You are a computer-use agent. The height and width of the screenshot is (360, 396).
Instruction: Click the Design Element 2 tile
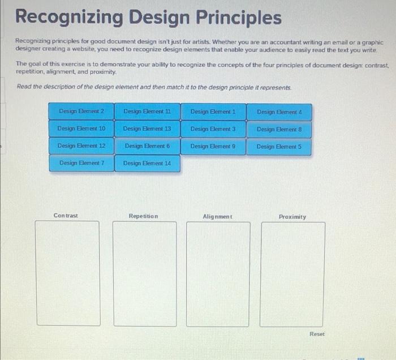click(81, 111)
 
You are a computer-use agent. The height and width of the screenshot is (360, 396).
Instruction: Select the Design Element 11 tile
click(147, 112)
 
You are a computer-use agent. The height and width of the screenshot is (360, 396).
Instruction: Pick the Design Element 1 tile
click(213, 112)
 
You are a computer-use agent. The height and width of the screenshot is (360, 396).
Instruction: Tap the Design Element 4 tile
click(279, 112)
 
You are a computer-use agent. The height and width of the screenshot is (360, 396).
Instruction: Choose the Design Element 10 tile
click(81, 128)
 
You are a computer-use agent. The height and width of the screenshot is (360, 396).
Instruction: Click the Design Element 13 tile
click(147, 128)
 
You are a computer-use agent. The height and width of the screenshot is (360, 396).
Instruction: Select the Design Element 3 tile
click(213, 129)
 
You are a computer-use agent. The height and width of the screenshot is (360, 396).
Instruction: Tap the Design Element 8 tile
click(279, 130)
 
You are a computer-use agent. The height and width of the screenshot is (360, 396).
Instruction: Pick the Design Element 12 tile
click(81, 146)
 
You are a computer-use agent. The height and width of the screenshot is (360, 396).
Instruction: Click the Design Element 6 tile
click(147, 146)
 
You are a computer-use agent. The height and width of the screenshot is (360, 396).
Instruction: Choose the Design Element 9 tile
click(213, 146)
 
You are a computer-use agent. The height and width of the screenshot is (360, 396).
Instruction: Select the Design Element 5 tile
click(279, 147)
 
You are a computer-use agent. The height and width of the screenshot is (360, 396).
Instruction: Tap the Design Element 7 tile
click(81, 163)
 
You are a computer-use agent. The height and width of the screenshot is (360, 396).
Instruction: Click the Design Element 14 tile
click(147, 164)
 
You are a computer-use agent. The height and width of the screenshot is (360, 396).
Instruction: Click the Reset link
click(317, 334)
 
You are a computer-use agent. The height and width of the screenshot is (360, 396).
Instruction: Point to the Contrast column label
click(66, 216)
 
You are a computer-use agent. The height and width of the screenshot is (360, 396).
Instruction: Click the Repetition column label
click(144, 216)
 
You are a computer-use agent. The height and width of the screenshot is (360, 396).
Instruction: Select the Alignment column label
click(217, 216)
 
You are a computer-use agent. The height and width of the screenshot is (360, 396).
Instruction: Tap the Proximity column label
click(292, 217)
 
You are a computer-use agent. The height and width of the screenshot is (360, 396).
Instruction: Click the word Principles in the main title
click(239, 17)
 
